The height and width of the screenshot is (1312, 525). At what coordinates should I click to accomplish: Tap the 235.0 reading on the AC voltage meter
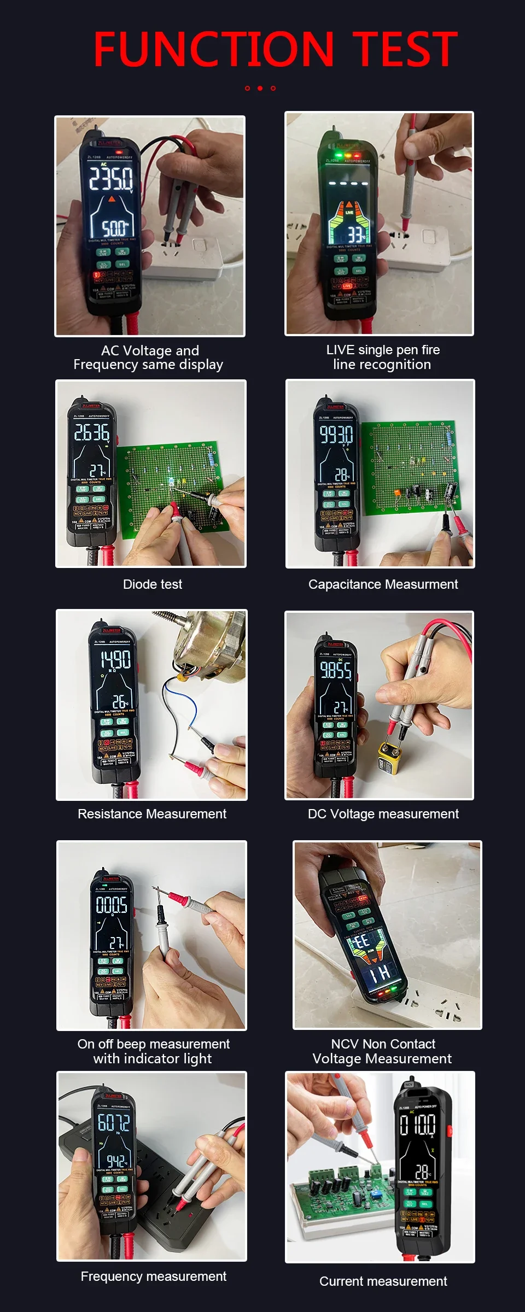click(111, 178)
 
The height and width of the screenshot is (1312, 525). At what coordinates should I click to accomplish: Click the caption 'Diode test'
click(153, 584)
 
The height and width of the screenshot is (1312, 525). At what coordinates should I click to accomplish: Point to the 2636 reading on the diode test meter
click(92, 432)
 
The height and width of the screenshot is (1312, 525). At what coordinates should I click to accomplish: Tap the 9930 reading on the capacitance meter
click(336, 435)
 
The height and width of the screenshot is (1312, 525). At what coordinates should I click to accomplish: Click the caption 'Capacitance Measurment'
click(383, 584)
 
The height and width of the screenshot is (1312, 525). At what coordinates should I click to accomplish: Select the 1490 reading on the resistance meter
click(115, 659)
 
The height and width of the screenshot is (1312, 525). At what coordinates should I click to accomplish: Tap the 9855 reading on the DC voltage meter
click(335, 670)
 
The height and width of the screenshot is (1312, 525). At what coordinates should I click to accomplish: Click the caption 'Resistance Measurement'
click(152, 814)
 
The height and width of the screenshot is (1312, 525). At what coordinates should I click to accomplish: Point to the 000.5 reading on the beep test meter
click(112, 905)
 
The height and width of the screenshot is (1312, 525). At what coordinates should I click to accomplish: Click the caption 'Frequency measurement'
click(153, 1276)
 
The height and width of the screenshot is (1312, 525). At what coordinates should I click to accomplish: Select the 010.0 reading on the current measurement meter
click(418, 1125)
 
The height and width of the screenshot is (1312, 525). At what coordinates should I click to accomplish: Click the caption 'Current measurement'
click(383, 1281)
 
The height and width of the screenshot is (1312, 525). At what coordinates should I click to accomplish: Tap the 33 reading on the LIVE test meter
click(356, 235)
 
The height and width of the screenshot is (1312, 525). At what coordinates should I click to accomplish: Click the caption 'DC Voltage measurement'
click(383, 814)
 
